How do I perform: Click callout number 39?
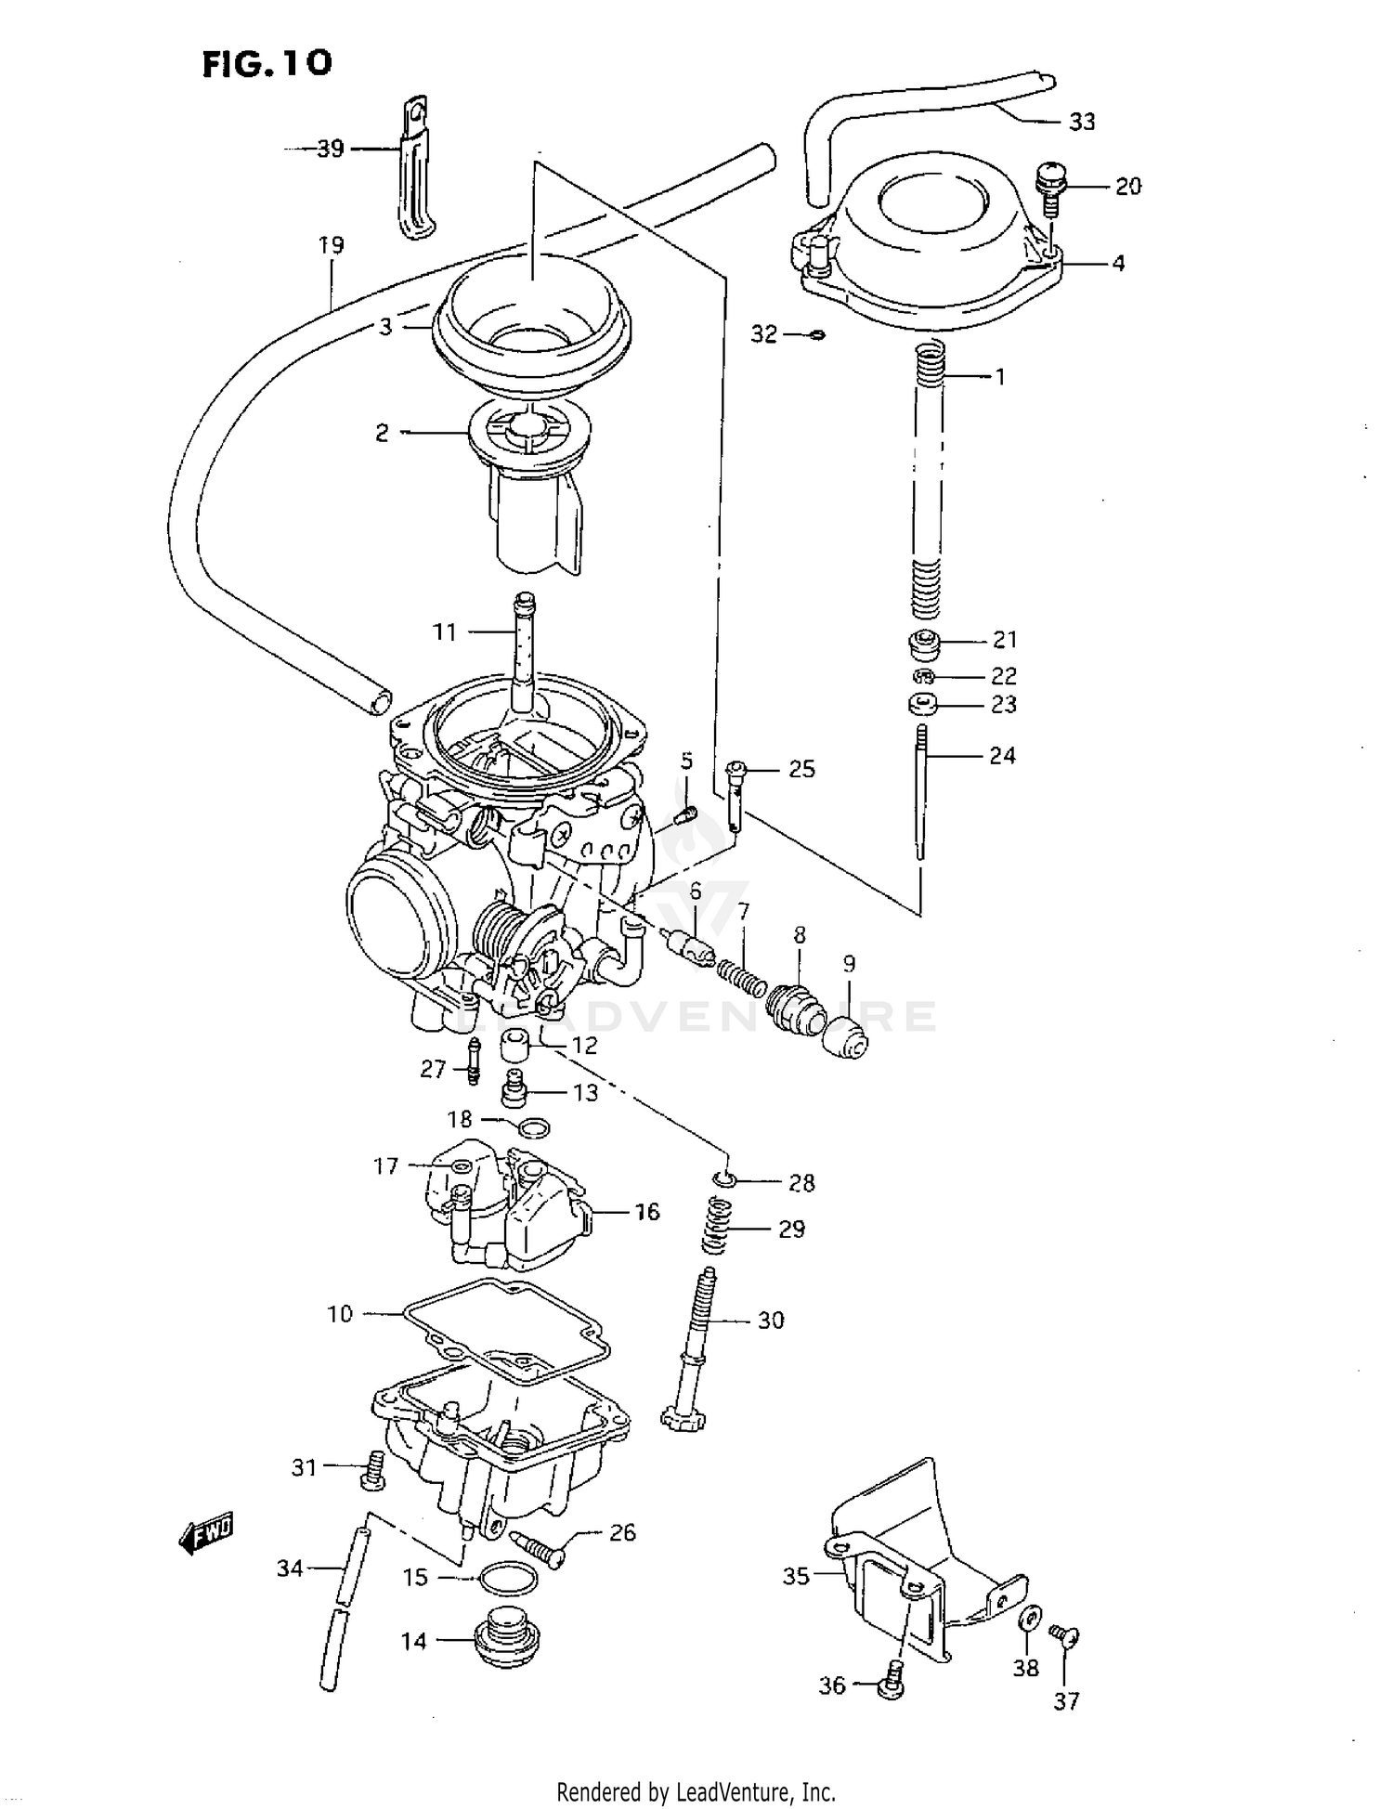click(330, 149)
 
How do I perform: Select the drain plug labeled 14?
click(505, 1641)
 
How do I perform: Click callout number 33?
click(1082, 122)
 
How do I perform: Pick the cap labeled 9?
click(846, 1038)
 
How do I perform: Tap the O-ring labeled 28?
click(727, 1179)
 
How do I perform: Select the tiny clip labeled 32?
click(816, 334)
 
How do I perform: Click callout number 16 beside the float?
click(647, 1211)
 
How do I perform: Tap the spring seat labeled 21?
click(922, 644)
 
